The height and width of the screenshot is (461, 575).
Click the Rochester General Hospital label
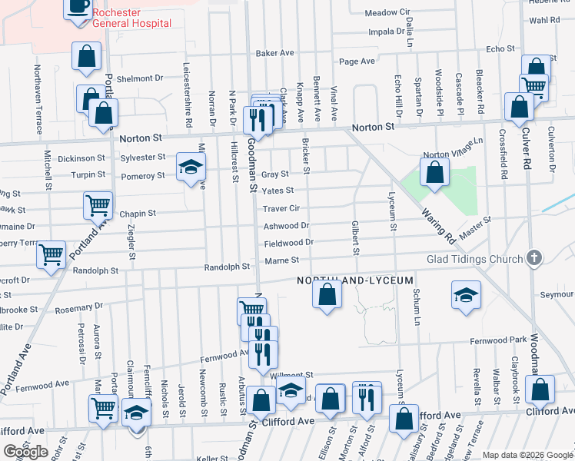coord(131,18)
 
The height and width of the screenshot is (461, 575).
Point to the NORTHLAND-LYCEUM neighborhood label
coord(356,281)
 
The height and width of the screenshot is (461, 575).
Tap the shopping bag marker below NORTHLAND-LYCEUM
coord(327,294)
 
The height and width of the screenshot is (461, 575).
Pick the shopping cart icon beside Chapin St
coord(98,205)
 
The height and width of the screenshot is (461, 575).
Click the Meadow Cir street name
coord(387,13)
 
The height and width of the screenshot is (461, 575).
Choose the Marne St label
coord(281,260)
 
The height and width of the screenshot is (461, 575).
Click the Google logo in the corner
coord(25,452)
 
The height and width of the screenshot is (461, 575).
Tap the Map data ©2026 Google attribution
coord(527,455)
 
